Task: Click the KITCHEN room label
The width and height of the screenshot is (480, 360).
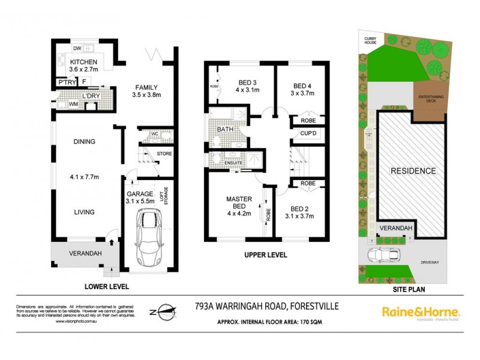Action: [x=84, y=62]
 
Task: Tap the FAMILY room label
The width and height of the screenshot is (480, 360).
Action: [x=146, y=86]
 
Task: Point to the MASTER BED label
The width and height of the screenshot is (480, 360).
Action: [x=239, y=203]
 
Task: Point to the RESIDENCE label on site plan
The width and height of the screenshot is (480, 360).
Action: [x=413, y=171]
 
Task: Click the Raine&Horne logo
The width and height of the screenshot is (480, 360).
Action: [x=421, y=313]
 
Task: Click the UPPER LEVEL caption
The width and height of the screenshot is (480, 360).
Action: [x=265, y=255]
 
